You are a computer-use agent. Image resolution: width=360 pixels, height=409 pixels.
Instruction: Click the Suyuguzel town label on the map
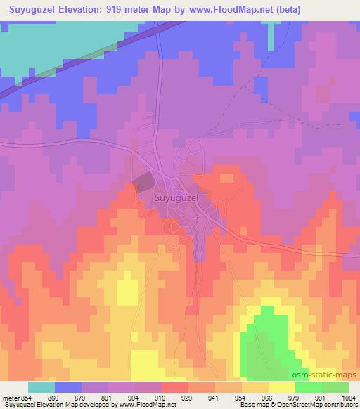pyautogui.click(x=176, y=199)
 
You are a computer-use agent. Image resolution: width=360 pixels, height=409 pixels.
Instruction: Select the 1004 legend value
pyautogui.click(x=348, y=397)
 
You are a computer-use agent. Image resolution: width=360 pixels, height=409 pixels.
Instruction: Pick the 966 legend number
pyautogui.click(x=268, y=397)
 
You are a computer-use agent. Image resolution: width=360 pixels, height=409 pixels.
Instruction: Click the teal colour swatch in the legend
pyautogui.click(x=41, y=387)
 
